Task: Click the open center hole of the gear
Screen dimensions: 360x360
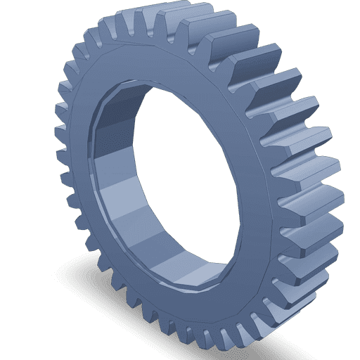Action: point(190,176)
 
